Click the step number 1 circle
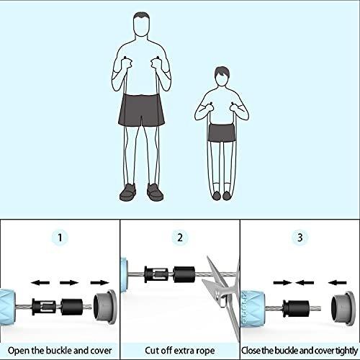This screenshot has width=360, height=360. point(60,238)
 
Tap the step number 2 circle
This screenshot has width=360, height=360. point(180,238)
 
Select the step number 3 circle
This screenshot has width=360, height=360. point(300,238)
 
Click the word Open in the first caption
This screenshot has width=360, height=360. point(19,351)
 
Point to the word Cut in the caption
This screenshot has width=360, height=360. point(152,351)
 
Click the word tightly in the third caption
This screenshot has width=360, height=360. point(346,351)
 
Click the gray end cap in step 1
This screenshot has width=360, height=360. point(105,307)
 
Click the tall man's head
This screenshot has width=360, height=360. point(142,24)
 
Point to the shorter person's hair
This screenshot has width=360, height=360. point(222,71)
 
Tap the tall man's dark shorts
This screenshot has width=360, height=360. point(142,109)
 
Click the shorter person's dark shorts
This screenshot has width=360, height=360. point(222,132)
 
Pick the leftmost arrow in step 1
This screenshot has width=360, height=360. point(40,283)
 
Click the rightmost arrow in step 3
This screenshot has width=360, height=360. point(337,283)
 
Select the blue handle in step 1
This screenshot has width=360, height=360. point(8,307)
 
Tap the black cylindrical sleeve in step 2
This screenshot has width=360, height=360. point(184,274)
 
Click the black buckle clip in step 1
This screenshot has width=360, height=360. point(44,307)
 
